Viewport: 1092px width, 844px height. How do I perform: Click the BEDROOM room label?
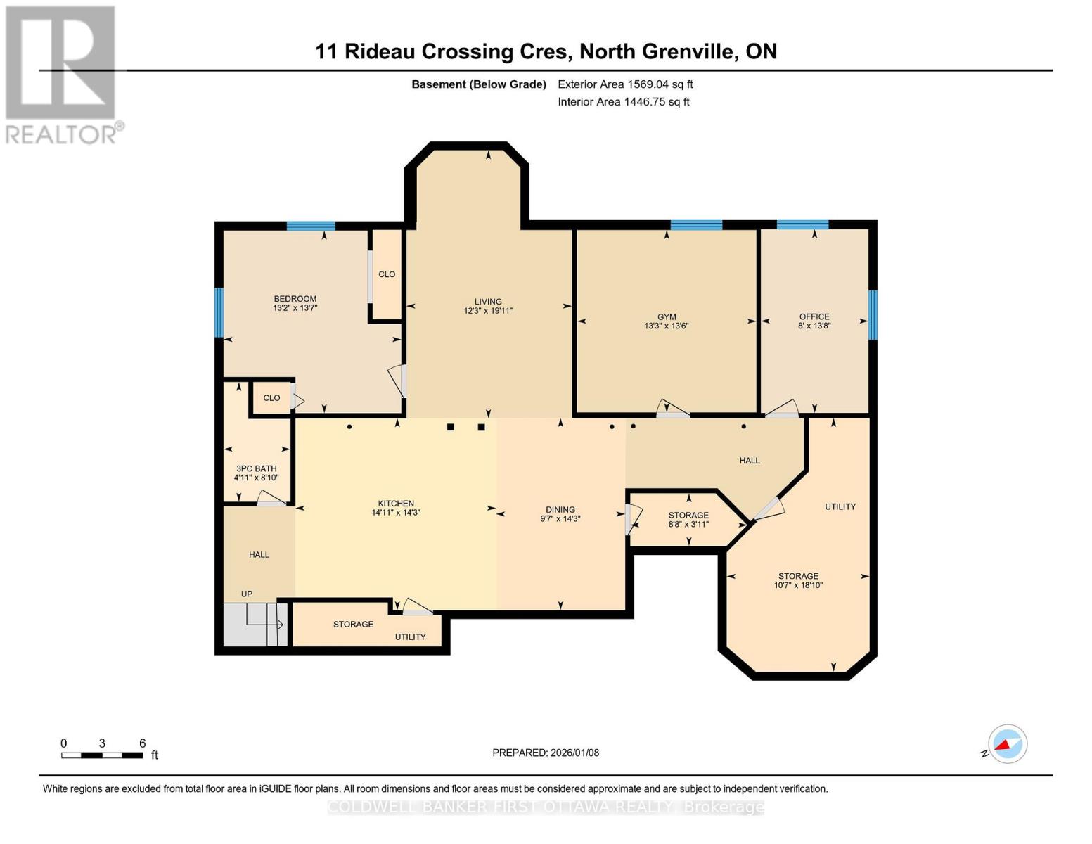[295, 299]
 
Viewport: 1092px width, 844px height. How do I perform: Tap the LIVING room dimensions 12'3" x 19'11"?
[488, 311]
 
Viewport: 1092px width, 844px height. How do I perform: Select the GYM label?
[666, 317]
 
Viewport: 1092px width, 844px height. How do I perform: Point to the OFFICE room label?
[814, 317]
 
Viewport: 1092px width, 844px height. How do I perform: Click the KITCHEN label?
[396, 504]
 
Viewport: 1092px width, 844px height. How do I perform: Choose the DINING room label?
[560, 510]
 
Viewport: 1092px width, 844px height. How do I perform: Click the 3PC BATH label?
[256, 468]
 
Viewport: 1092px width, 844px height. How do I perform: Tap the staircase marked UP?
[255, 624]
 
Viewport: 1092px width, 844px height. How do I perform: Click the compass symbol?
[1007, 744]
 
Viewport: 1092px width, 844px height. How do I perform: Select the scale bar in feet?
[103, 755]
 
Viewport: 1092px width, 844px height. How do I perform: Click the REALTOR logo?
[62, 75]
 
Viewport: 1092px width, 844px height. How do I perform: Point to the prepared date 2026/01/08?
[546, 753]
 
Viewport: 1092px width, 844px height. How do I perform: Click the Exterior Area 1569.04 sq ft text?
[625, 84]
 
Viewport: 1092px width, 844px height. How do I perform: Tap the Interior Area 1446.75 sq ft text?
[623, 102]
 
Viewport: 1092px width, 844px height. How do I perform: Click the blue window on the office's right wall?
[873, 314]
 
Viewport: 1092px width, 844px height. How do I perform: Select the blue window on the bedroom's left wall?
[219, 312]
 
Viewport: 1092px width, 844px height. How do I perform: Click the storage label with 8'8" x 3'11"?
[688, 516]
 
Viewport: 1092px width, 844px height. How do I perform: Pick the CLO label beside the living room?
[387, 274]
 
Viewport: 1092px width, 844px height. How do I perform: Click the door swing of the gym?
[672, 409]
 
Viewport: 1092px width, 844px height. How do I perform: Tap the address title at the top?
[546, 51]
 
